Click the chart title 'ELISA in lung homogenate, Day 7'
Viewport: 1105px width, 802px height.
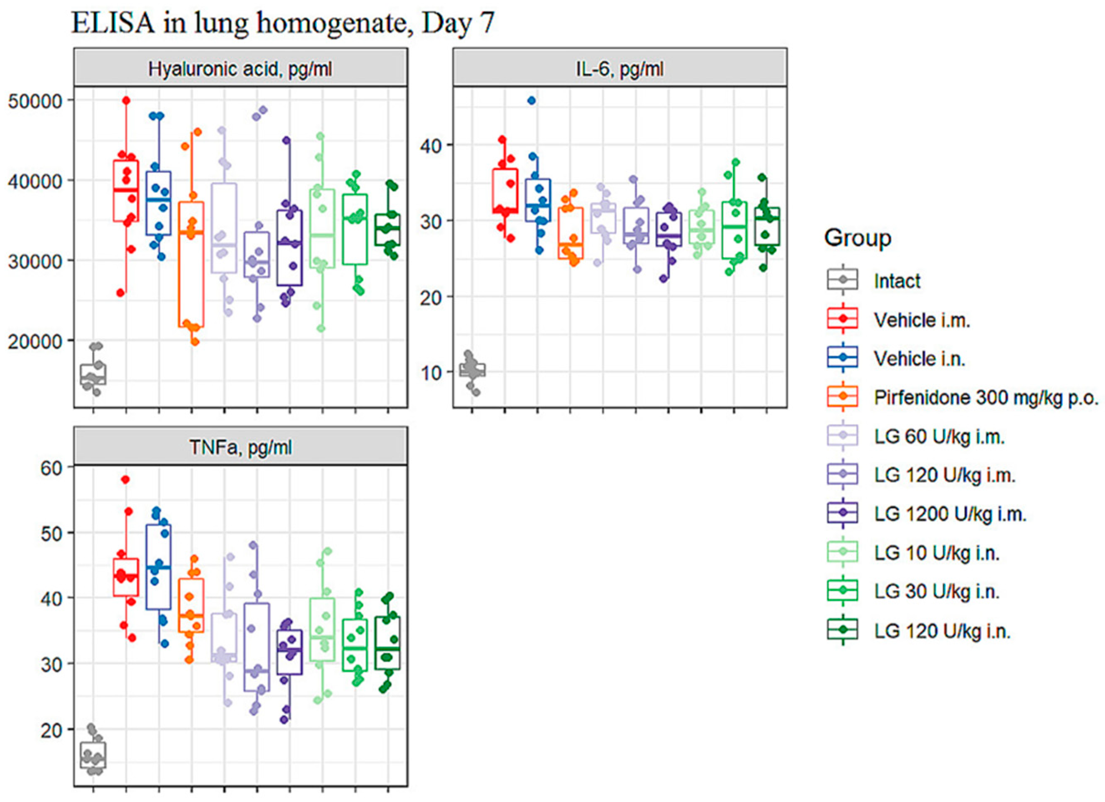[x=283, y=23]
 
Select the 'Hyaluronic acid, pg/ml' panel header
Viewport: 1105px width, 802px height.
[x=240, y=69]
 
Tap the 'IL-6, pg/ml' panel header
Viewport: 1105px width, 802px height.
[x=619, y=69]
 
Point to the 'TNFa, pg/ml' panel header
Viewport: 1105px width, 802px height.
[x=240, y=447]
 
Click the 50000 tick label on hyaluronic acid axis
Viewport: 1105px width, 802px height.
[x=35, y=101]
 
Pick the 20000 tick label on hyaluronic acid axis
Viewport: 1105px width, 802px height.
[x=35, y=341]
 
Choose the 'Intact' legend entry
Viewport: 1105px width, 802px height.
[x=897, y=281]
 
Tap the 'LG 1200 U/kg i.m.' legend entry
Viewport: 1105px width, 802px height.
[x=950, y=514]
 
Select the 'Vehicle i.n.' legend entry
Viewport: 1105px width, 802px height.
[x=919, y=359]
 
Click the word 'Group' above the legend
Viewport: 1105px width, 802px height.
[x=857, y=238]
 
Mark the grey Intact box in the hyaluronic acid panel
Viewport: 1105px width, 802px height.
[x=93, y=374]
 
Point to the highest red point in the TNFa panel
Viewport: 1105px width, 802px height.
[x=125, y=479]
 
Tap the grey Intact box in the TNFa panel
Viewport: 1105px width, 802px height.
[x=93, y=755]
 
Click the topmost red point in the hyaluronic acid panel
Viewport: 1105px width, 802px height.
[x=126, y=100]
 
